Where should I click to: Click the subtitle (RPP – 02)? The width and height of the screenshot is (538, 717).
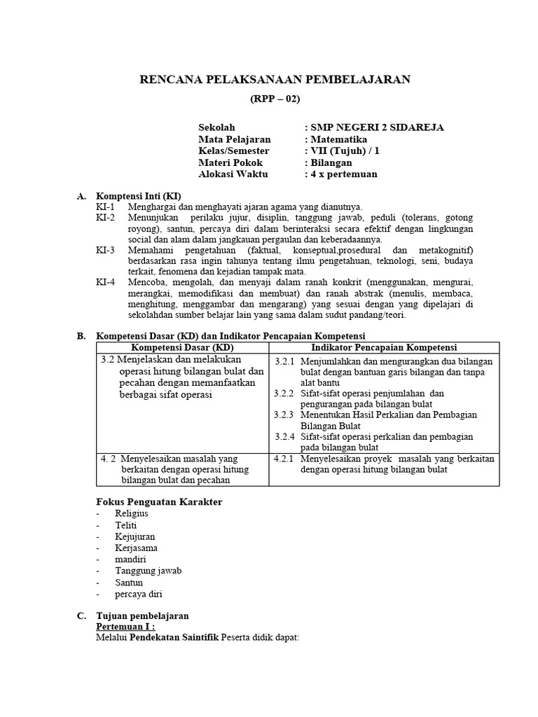click(275, 99)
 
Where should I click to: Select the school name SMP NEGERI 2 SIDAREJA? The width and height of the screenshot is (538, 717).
click(376, 127)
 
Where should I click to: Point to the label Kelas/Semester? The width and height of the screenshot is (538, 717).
click(233, 151)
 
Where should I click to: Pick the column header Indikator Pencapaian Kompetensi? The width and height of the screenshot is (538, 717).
click(384, 348)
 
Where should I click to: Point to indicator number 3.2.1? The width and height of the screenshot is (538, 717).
click(284, 361)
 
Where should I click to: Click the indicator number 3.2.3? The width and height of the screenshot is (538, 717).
click(284, 415)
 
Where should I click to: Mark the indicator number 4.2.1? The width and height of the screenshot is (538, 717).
click(284, 459)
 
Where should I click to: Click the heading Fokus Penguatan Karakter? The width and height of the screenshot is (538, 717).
click(159, 502)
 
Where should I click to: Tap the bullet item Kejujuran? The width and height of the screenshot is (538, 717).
click(136, 536)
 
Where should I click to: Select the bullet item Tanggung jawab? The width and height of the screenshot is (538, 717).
click(149, 571)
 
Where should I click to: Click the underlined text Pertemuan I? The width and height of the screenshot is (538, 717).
click(125, 627)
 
